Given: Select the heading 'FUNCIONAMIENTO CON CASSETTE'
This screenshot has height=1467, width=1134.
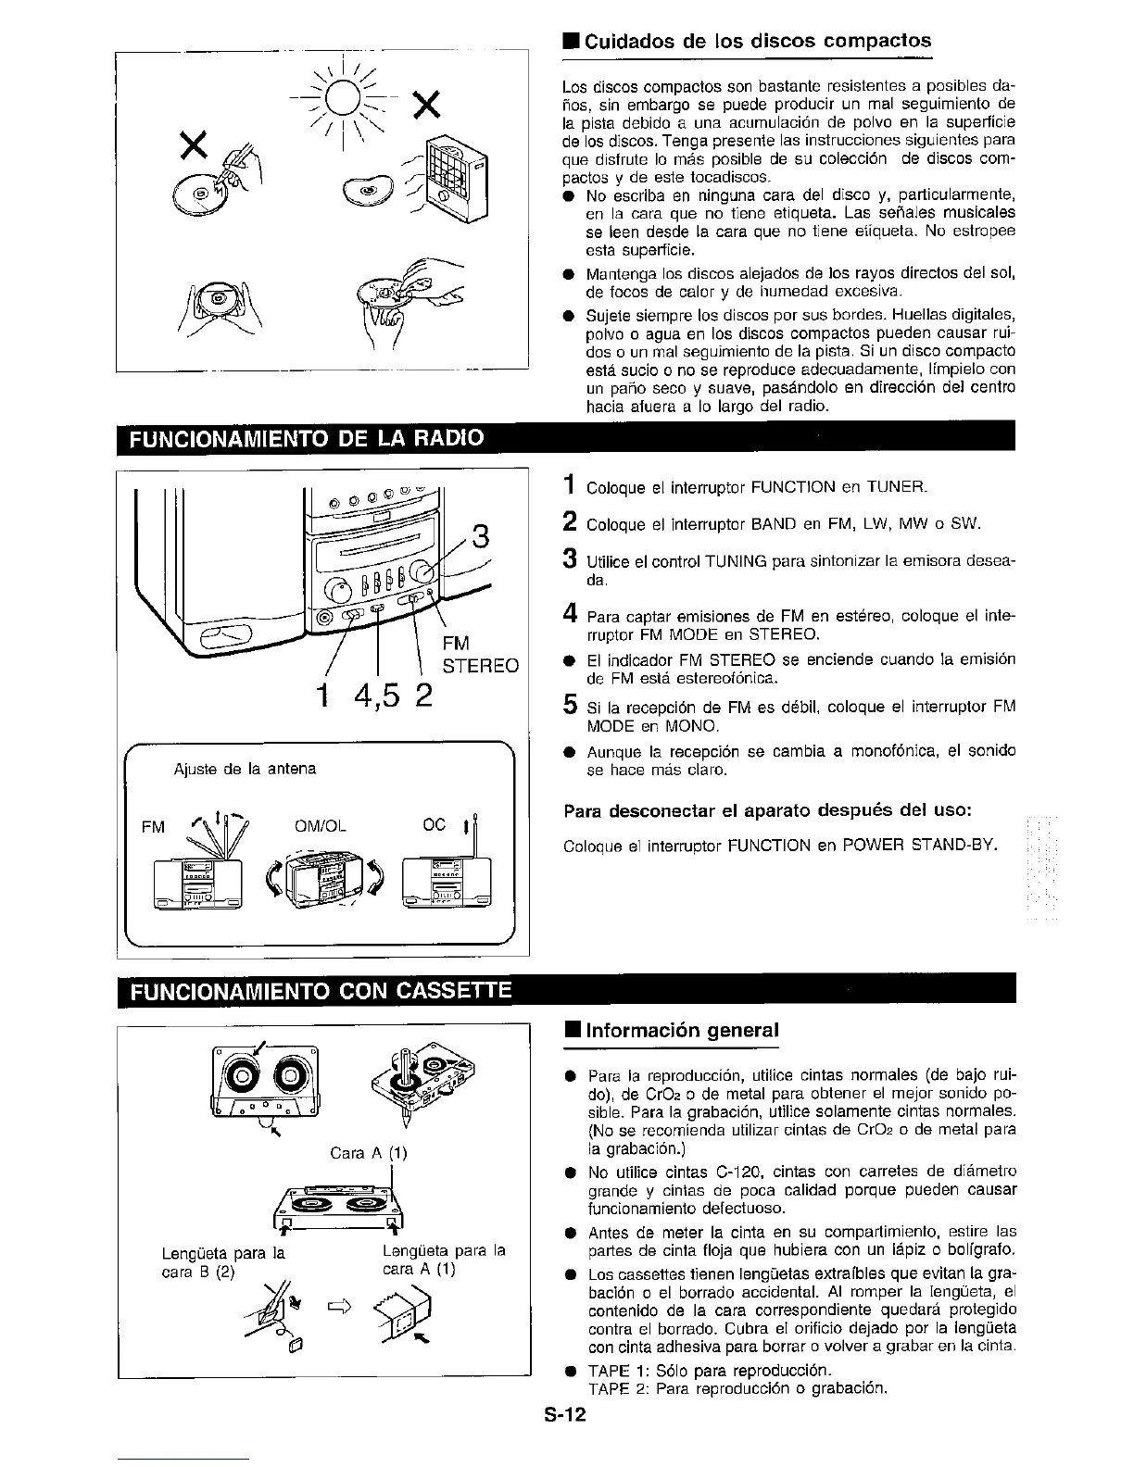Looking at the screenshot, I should (320, 993).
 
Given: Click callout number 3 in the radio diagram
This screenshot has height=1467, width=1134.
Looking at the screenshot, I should (479, 535).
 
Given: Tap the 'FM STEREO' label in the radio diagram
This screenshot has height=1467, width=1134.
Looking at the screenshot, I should (479, 655).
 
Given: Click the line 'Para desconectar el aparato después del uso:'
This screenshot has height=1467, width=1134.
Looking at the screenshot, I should (767, 811).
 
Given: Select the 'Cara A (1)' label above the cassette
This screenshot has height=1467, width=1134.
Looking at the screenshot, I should (369, 1153).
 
